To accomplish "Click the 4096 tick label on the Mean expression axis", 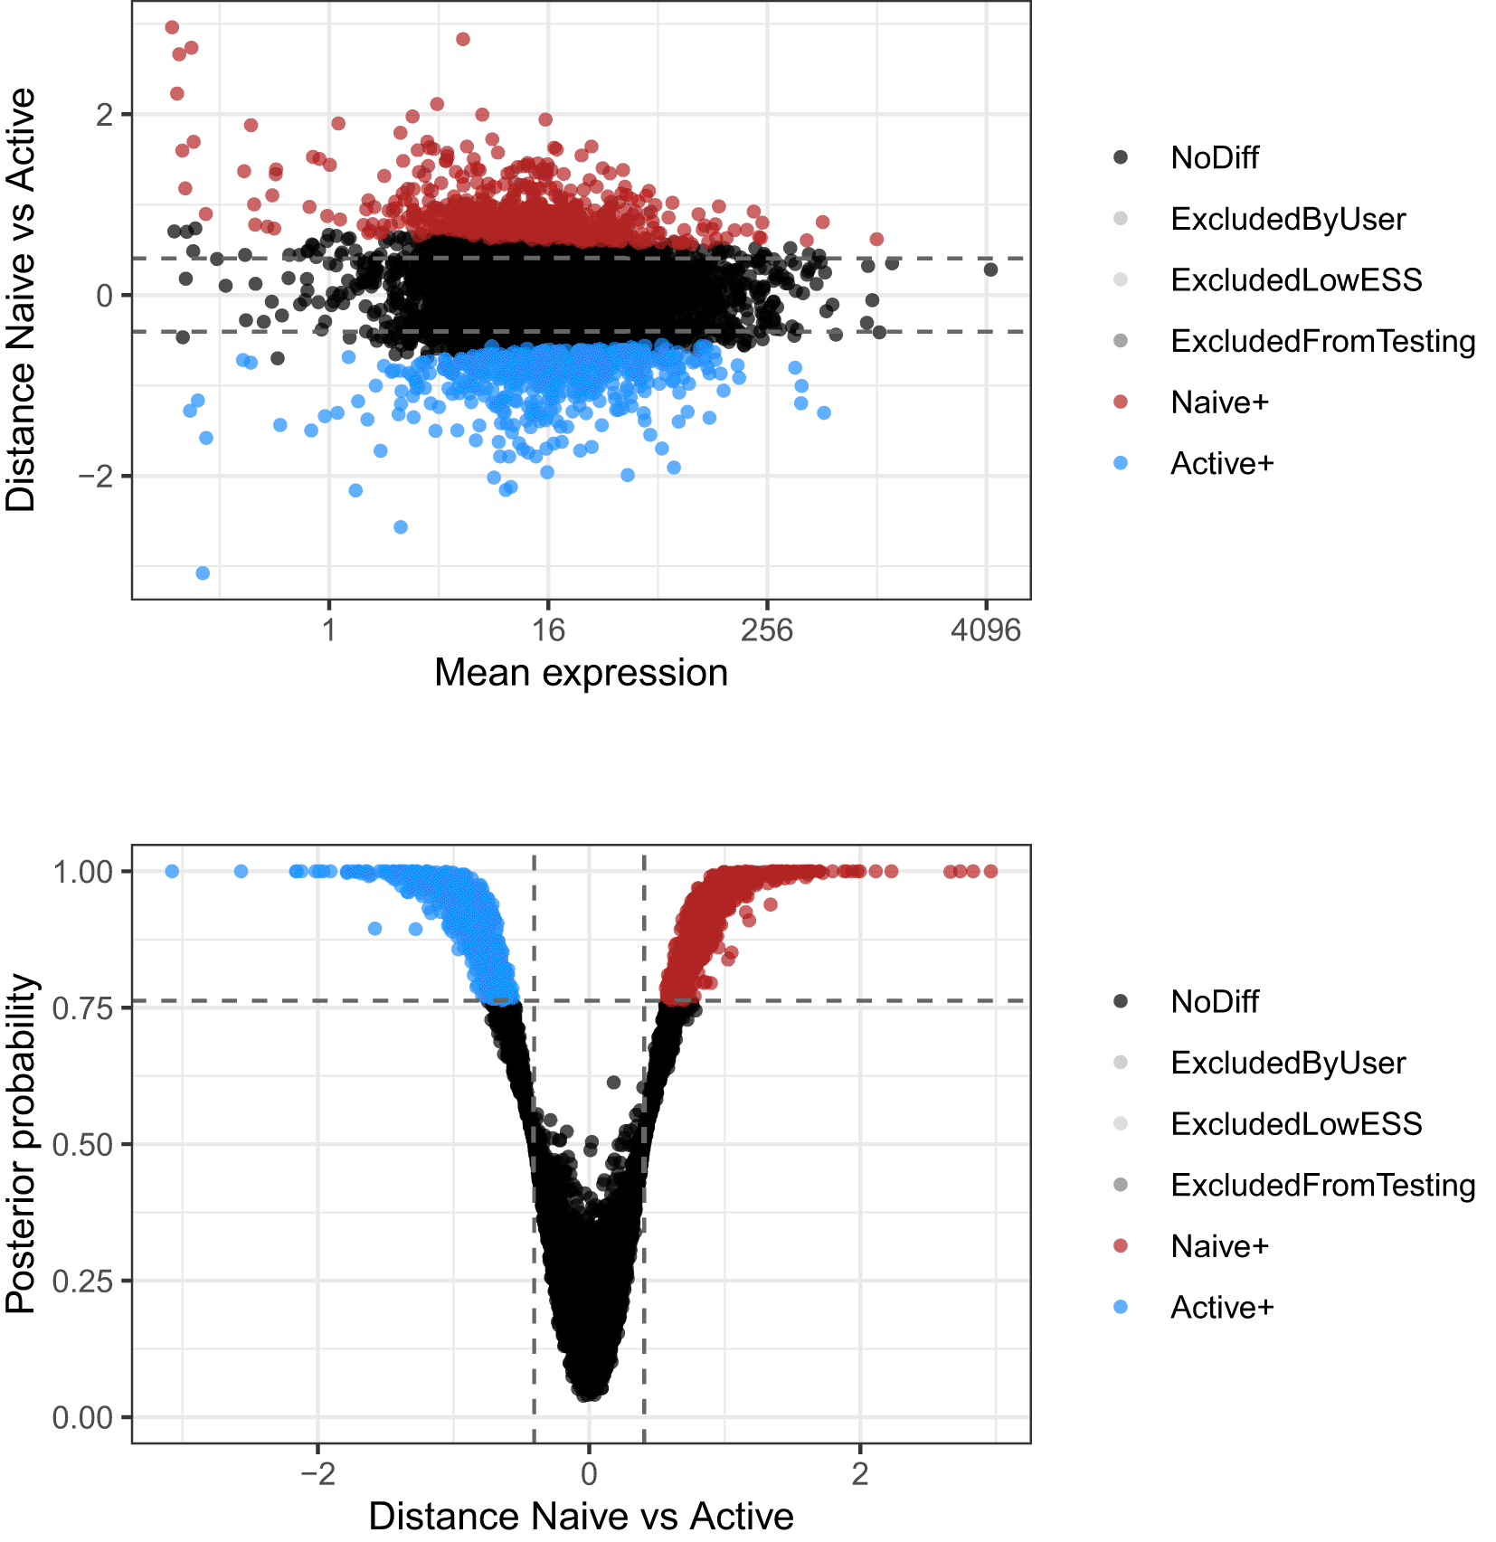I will (985, 629).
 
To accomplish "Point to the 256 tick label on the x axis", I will (766, 629).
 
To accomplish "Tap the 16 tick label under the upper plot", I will (547, 629).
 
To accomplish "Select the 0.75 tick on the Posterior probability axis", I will (82, 1008).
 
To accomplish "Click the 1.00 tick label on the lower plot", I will (82, 872).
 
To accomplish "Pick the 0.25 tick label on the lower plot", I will (82, 1281).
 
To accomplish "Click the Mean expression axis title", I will (581, 673).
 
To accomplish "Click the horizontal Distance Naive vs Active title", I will (581, 1517).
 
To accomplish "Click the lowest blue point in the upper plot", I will (203, 573).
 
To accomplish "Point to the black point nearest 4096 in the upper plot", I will (990, 270).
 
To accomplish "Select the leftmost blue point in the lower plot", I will (172, 871).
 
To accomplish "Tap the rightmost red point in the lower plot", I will (990, 871).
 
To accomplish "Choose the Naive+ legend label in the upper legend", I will (1219, 402).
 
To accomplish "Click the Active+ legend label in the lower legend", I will (1222, 1308).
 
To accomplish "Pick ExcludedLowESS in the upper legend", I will (1296, 280).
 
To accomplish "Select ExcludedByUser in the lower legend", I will (1288, 1064).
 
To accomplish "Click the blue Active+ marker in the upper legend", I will (1121, 463).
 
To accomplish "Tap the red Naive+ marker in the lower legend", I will (1121, 1246).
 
